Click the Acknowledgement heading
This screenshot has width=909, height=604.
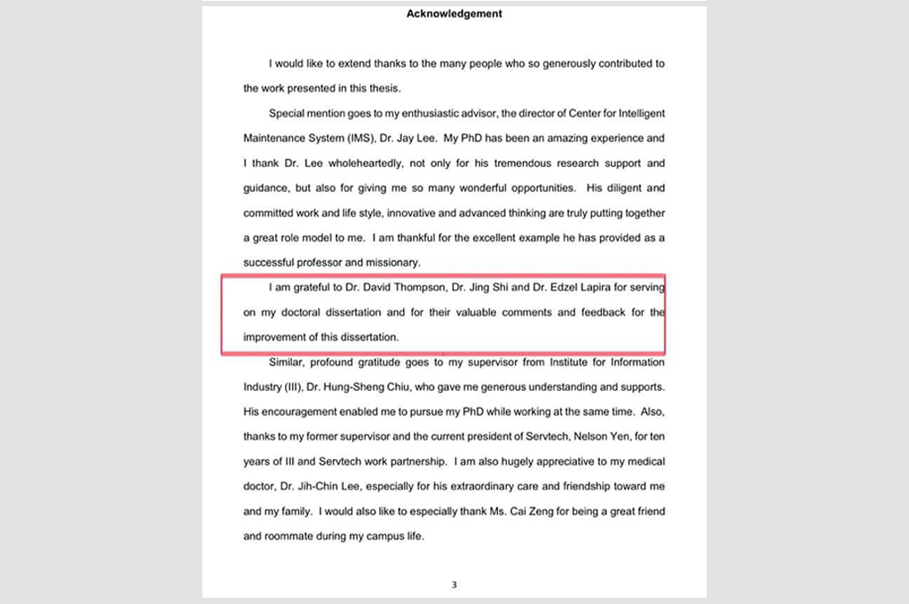point(454,13)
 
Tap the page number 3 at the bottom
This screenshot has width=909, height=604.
point(454,584)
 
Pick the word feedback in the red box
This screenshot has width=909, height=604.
point(579,313)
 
